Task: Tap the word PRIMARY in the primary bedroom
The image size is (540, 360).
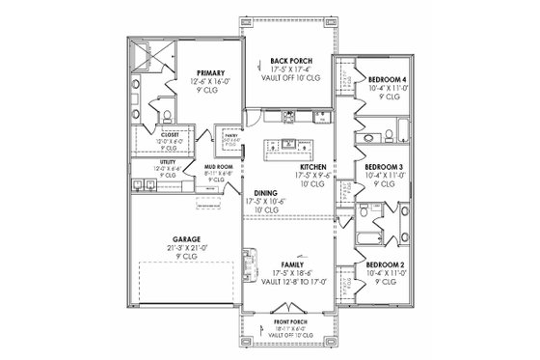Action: (209, 73)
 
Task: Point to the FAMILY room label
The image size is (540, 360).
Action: (291, 263)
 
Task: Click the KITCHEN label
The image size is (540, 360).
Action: (314, 167)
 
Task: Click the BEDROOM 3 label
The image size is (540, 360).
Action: (382, 167)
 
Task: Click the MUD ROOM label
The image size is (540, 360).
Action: (216, 166)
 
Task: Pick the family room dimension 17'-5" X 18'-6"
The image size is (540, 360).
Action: (291, 273)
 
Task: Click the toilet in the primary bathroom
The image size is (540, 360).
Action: (169, 116)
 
